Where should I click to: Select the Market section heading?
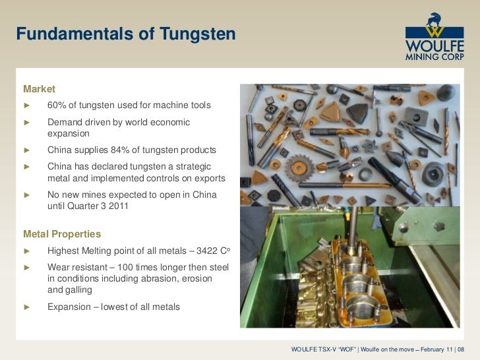[x=40, y=88]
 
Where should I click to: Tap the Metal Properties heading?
[x=62, y=233]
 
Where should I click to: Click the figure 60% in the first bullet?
[x=57, y=105]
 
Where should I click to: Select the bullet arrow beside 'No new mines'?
[x=27, y=195]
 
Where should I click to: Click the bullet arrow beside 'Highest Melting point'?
[x=27, y=251]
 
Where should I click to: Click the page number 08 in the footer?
[x=470, y=349]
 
